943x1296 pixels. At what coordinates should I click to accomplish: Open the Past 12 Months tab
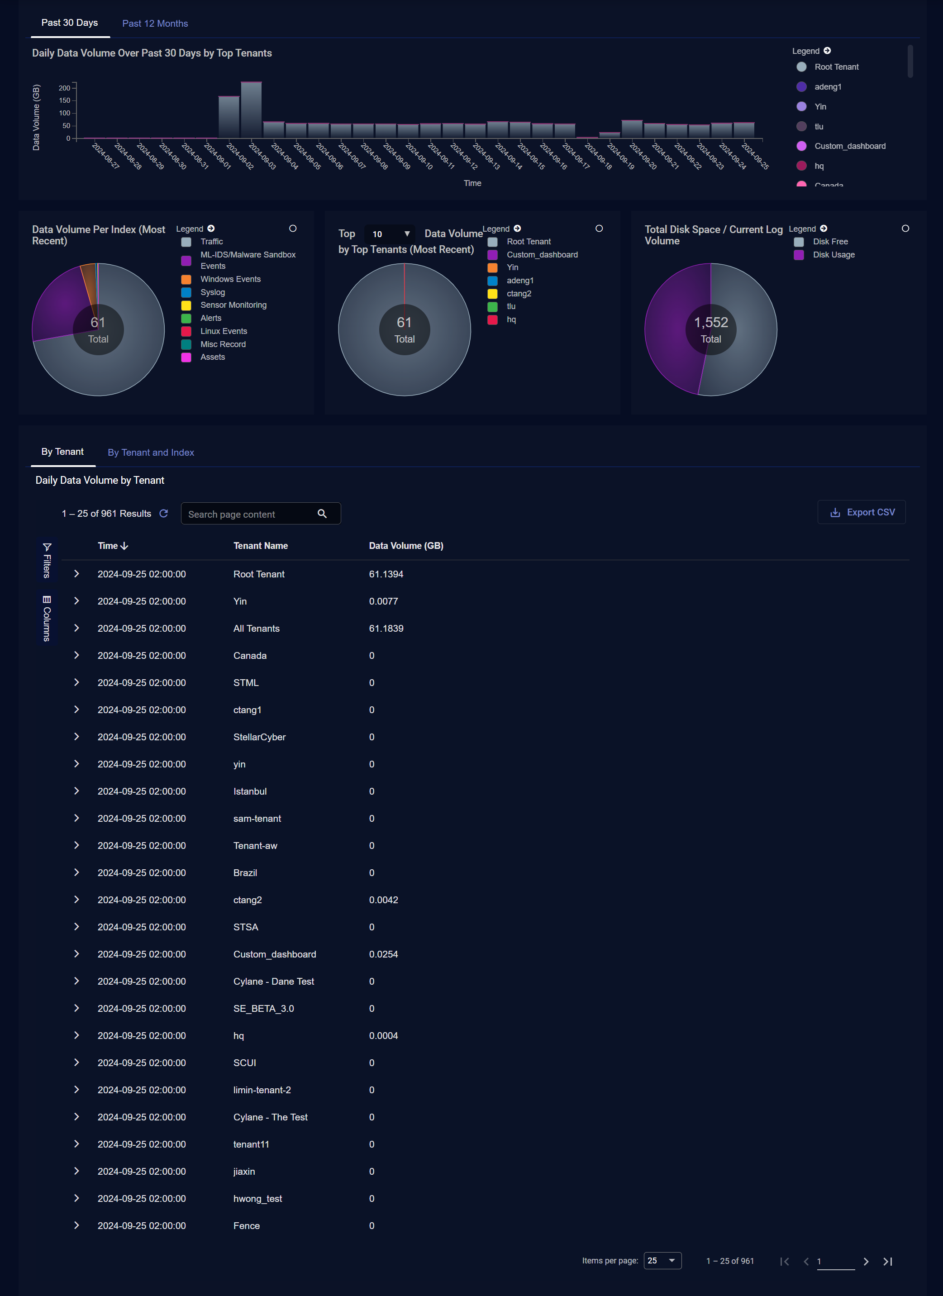point(155,24)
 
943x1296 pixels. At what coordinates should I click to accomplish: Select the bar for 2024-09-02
point(229,117)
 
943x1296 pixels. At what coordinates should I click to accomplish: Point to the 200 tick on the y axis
point(65,88)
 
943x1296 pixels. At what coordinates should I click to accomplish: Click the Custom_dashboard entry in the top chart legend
point(849,146)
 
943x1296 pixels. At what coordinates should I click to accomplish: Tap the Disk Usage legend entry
point(833,255)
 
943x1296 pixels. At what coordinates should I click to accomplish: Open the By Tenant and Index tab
point(151,453)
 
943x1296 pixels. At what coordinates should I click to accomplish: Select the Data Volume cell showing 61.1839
point(386,629)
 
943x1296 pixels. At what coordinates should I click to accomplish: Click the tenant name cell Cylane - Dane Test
point(273,981)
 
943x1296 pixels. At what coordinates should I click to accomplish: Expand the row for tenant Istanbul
point(76,791)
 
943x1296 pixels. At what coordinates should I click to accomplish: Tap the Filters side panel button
point(47,561)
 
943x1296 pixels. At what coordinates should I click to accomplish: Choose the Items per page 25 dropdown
point(662,1261)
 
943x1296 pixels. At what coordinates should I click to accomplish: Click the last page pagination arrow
point(887,1261)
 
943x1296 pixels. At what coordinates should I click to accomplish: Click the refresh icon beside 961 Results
point(163,514)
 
